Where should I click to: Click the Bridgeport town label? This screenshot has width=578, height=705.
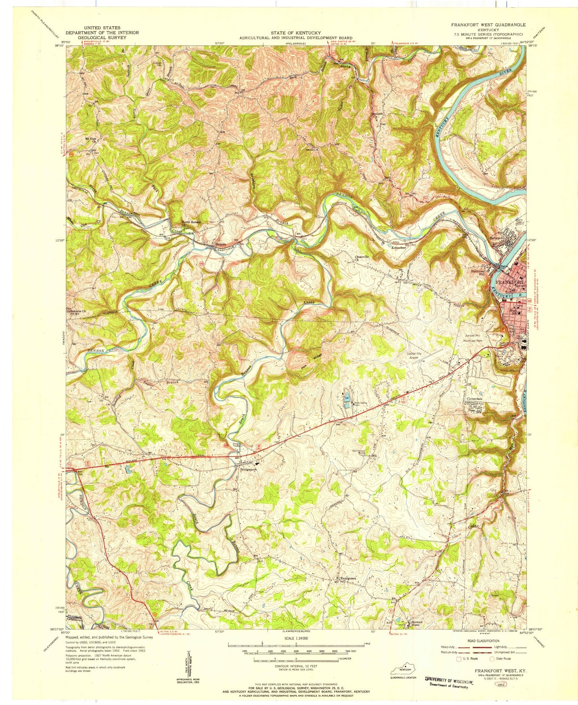point(248,471)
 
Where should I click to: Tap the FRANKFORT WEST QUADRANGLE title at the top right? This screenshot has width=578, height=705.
point(488,25)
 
